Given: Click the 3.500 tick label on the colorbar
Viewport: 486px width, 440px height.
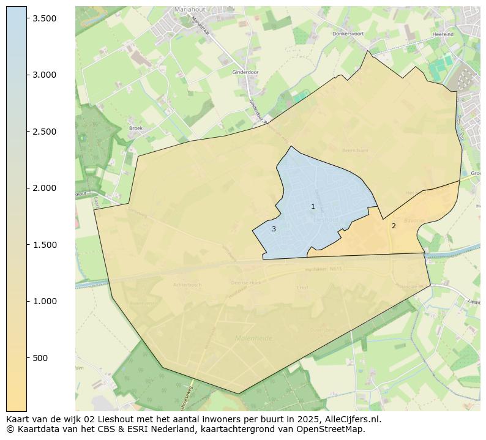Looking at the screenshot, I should point(45,18).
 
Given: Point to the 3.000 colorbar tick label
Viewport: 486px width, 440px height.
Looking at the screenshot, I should point(45,75).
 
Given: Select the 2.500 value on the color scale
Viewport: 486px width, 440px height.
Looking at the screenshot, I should point(45,132).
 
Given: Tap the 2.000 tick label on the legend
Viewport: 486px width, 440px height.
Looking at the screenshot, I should point(45,188).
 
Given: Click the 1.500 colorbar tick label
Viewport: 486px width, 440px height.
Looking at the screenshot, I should point(45,245).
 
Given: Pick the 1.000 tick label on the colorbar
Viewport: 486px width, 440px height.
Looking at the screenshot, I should point(45,301).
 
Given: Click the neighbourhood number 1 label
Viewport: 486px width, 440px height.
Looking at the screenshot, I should point(313,207).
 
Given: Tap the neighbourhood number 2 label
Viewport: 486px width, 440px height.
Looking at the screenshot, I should point(394,226).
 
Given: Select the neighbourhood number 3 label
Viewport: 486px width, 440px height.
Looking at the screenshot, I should point(274,229).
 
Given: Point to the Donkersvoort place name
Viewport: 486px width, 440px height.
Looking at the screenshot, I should point(348,34).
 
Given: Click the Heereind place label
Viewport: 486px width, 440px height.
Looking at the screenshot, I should point(442,35).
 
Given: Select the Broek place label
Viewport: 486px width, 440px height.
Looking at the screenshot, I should point(135,128).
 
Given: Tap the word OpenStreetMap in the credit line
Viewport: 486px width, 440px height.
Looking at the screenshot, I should point(330,429).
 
